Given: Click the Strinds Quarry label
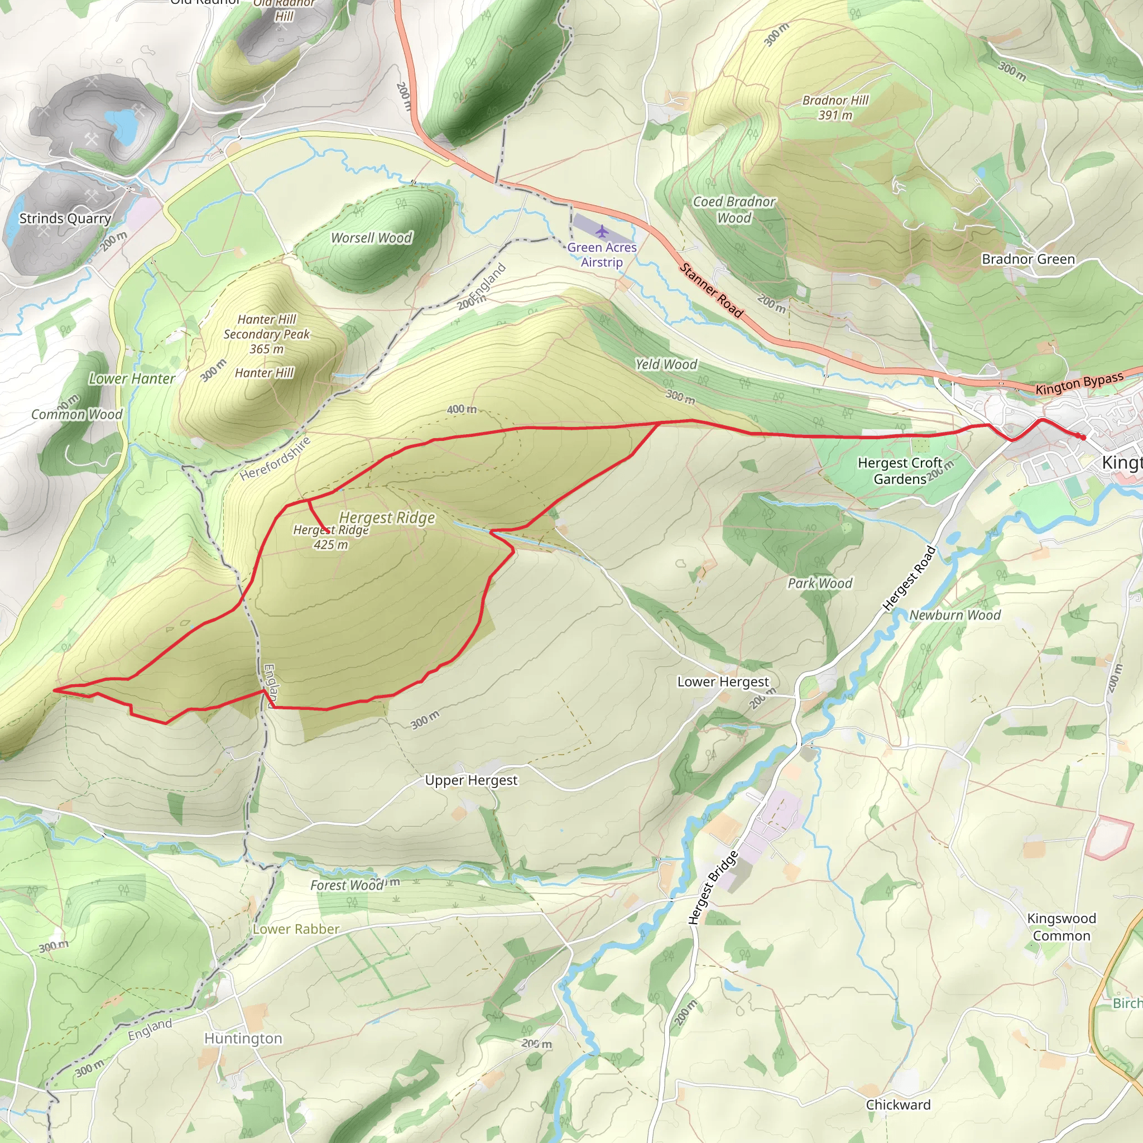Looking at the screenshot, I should coord(65,218).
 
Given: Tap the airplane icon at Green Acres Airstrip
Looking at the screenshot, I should coord(602,230).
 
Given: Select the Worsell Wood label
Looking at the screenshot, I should coord(372,238).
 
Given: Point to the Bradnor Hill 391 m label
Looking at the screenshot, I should coord(835,108).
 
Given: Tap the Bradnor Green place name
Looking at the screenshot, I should coord(1028,259).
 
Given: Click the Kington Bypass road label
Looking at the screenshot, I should coord(1079,383).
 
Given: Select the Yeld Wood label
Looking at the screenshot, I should coord(666,364).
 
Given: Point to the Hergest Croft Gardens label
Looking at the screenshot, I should coord(899,471).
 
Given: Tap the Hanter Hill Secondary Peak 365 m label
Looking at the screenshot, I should coord(266,334).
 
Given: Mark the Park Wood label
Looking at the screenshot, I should coord(819,583).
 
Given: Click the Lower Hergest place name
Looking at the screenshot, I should coord(723,681).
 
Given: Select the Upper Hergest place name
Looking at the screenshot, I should coord(471,780).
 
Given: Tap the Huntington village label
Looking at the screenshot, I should coord(243,1038).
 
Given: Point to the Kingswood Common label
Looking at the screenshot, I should coord(1062,927).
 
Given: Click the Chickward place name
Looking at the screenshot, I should coord(898,1104).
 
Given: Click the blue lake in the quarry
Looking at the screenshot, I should coord(124,124).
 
